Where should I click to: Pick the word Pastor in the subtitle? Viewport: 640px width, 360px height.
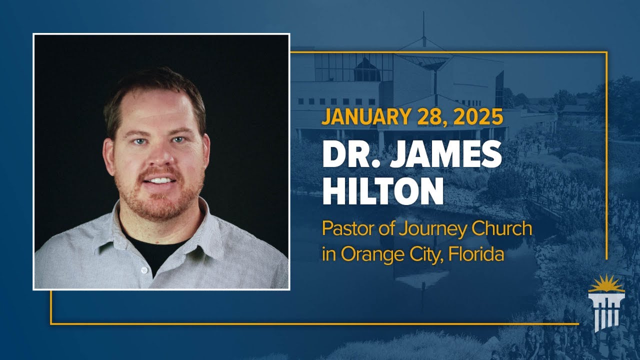pos(344,229)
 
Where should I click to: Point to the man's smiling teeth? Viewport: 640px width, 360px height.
pos(159,180)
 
